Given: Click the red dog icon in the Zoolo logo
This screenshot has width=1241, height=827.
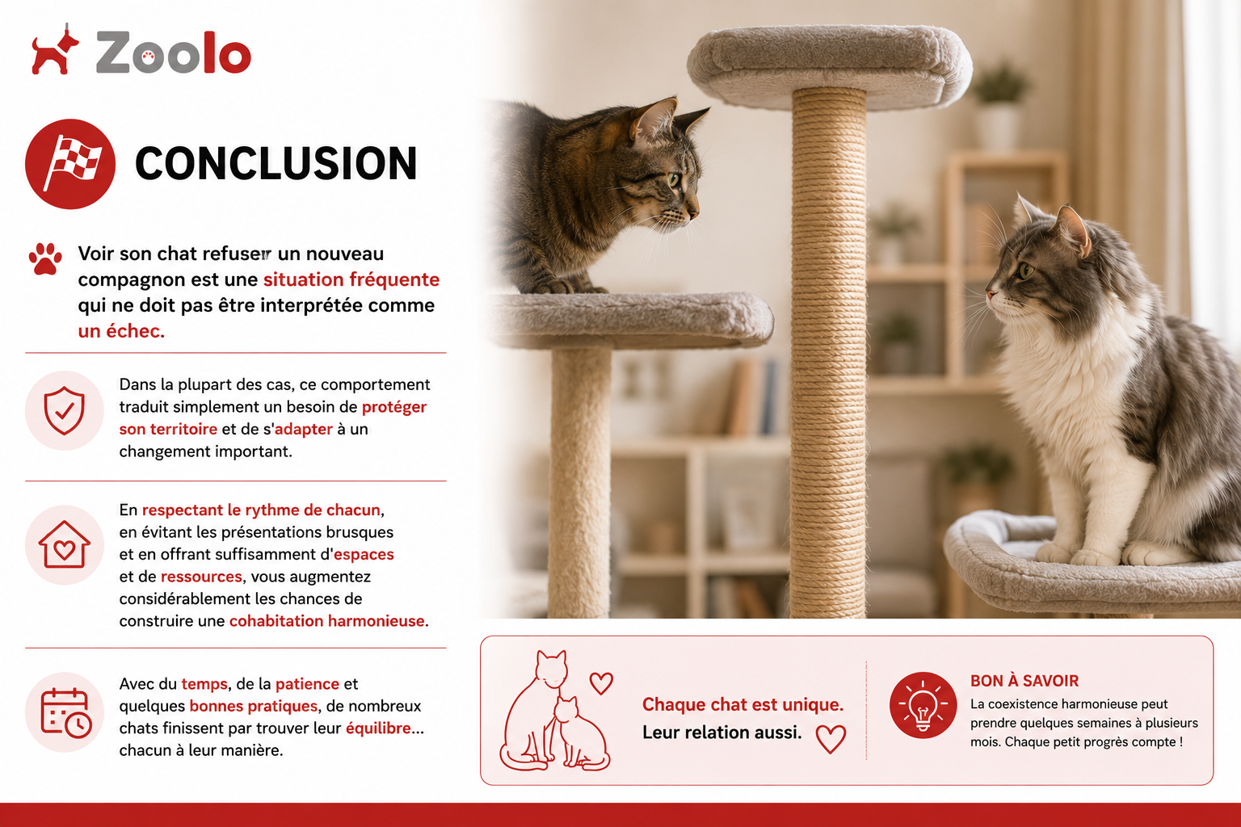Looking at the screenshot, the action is click(x=54, y=50).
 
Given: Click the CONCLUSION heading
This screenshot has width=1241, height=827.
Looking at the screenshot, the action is click(x=276, y=163).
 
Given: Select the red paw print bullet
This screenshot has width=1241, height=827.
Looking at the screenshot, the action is click(x=45, y=258).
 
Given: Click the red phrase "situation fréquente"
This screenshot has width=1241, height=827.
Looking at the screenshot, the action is click(x=351, y=279).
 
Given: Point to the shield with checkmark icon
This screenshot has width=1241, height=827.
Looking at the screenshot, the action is click(x=65, y=410).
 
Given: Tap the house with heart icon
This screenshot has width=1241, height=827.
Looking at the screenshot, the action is click(x=65, y=544).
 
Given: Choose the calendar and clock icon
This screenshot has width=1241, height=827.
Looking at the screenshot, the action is click(x=65, y=712).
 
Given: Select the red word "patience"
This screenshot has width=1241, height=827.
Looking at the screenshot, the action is click(x=307, y=684).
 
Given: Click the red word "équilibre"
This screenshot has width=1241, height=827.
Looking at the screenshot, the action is click(x=378, y=728).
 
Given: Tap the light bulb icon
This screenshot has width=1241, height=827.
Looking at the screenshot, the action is click(x=923, y=705).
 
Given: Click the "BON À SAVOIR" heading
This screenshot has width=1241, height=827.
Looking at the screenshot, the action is click(x=1024, y=681).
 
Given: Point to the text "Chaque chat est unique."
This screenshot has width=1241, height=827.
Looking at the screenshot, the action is click(x=743, y=704).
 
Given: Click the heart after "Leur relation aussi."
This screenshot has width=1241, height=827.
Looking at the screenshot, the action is click(x=831, y=739).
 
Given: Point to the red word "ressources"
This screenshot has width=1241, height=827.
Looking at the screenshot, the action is click(x=201, y=577).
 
